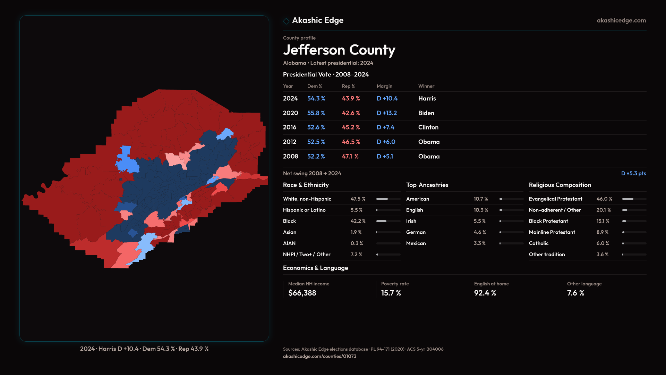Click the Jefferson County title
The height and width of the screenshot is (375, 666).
(x=339, y=50)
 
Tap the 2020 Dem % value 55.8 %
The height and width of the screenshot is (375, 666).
(x=316, y=113)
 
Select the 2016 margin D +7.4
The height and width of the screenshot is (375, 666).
(x=385, y=127)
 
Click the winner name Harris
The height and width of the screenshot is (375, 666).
(x=427, y=99)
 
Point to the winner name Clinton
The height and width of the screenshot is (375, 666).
(x=428, y=127)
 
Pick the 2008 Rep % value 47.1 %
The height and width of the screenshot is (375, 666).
(x=350, y=157)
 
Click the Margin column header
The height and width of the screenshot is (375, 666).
(x=384, y=86)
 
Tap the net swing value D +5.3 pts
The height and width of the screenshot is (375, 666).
(x=633, y=173)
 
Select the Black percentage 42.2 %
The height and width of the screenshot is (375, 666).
(x=358, y=221)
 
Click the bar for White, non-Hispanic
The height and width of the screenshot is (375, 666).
(x=388, y=199)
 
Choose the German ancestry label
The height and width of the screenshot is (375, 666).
(x=416, y=232)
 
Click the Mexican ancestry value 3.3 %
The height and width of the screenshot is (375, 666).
(x=479, y=243)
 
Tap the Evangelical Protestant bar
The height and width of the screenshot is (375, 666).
(x=634, y=199)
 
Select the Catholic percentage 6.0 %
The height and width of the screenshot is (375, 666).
(x=603, y=243)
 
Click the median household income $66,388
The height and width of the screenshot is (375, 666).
(x=302, y=293)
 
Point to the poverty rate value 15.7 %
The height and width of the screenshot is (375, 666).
(x=391, y=293)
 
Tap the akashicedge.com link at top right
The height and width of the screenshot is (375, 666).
(x=621, y=20)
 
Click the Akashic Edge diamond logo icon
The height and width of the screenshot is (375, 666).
(x=286, y=21)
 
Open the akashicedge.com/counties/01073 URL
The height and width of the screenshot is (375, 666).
(x=319, y=356)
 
